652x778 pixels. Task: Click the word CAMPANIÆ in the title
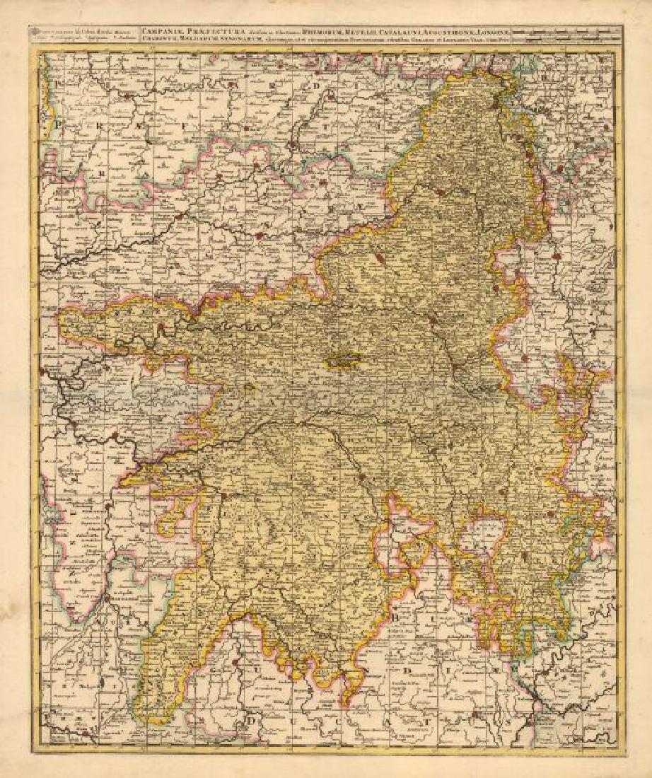(x=158, y=30)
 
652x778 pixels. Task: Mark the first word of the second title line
(x=157, y=38)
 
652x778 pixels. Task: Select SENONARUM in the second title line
(x=245, y=38)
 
